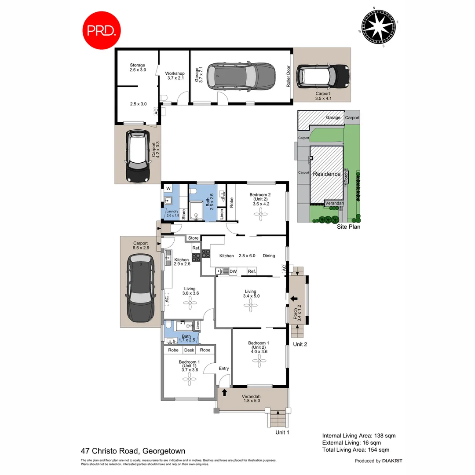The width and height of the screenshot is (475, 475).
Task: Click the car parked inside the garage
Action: click(x=241, y=77)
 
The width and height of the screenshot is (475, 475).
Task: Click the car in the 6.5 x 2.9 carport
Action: click(x=141, y=289)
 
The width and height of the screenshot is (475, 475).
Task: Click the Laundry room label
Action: click(x=172, y=212)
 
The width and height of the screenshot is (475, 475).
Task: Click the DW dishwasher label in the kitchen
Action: click(x=233, y=271)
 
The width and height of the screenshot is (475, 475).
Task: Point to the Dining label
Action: click(x=269, y=256)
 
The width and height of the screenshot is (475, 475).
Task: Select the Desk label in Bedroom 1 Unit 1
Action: click(x=189, y=350)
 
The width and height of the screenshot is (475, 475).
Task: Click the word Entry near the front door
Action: click(x=223, y=369)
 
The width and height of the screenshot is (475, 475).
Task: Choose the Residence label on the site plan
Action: click(x=326, y=174)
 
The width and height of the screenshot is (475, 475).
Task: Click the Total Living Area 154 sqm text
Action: click(x=355, y=449)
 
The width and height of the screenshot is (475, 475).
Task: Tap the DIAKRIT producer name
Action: click(x=392, y=461)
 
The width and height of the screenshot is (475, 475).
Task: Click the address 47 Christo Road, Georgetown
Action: click(x=133, y=451)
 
